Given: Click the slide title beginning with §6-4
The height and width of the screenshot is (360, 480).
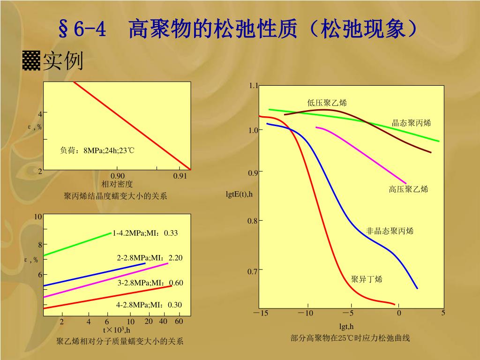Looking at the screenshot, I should [x=239, y=30].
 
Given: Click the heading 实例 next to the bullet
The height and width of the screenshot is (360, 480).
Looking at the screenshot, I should [x=63, y=61].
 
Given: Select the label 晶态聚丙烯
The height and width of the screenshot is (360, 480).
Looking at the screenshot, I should [x=411, y=123].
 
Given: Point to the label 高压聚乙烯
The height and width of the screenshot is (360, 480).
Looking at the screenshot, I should [x=408, y=189].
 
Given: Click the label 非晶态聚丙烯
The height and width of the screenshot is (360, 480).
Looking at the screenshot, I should [x=390, y=231].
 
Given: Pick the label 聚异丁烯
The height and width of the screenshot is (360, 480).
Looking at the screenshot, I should [x=367, y=279].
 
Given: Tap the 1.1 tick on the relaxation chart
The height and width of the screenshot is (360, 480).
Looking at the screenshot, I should [x=254, y=85].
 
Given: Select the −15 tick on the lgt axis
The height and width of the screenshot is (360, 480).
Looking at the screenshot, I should [x=261, y=313].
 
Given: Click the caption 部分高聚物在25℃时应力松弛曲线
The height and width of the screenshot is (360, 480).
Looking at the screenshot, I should [x=350, y=338].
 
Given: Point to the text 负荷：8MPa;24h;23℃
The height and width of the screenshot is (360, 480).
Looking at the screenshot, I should [x=97, y=150].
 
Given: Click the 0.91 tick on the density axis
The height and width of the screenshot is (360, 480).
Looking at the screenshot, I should [x=180, y=176].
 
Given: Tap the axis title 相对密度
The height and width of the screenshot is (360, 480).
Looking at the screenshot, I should [x=117, y=184].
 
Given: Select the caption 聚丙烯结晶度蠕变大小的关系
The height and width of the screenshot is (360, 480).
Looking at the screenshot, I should [x=115, y=196].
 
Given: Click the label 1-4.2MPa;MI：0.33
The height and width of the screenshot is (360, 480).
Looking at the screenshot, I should [x=145, y=233].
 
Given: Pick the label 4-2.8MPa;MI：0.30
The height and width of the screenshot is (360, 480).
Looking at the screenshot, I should [x=149, y=305].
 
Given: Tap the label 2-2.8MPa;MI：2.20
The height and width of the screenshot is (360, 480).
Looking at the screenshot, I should [x=150, y=258].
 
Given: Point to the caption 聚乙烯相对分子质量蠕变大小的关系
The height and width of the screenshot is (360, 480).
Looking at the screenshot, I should [x=120, y=341].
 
